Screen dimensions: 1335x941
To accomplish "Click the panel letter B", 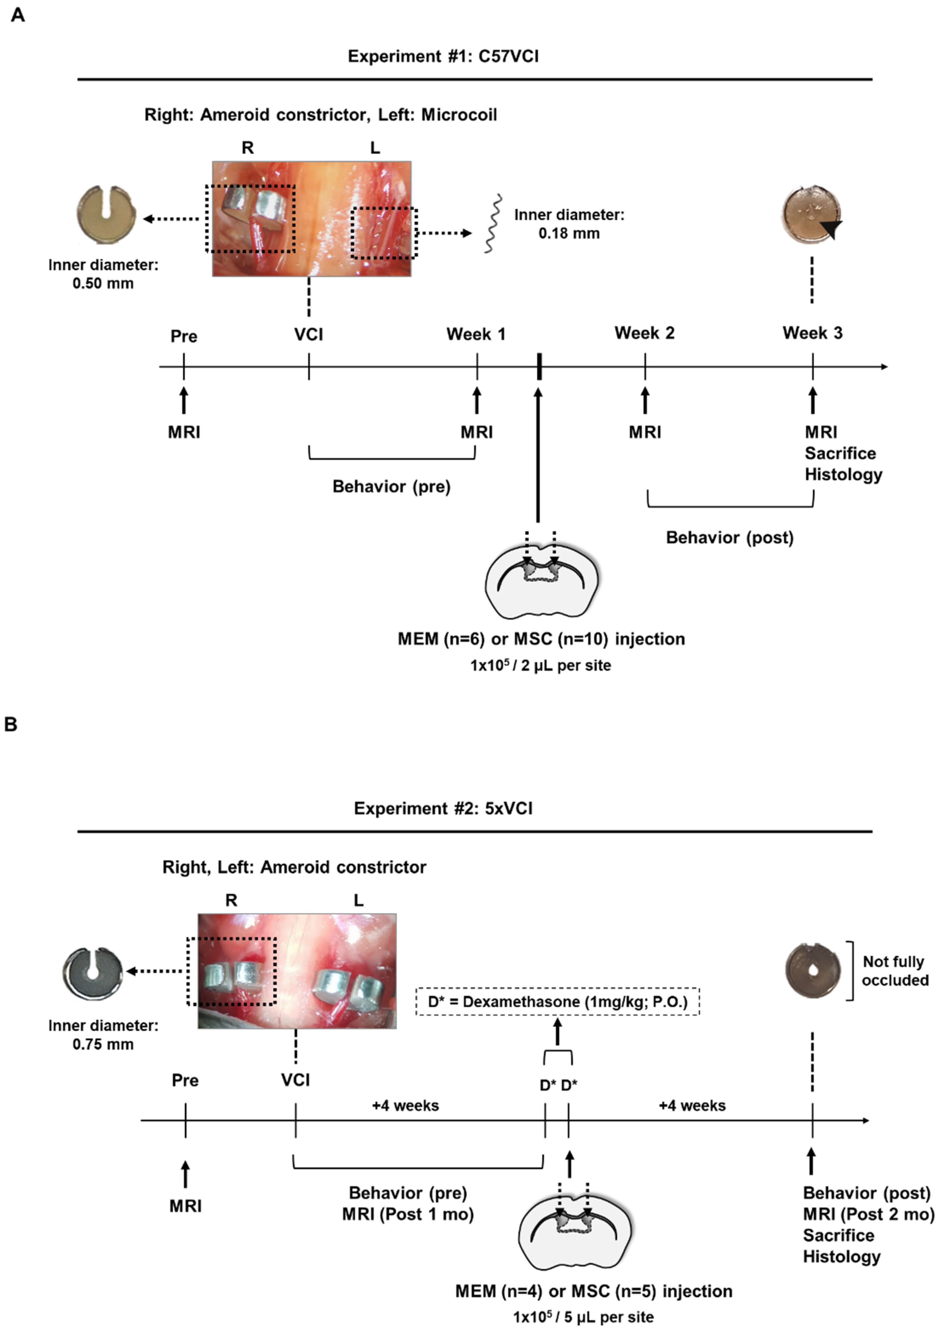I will pyautogui.click(x=11, y=725).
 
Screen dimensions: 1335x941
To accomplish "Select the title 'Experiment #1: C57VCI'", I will pyautogui.click(x=443, y=56).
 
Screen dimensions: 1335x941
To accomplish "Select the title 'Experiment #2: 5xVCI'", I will pyautogui.click(x=443, y=808).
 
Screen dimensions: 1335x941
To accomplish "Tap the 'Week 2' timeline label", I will pyautogui.click(x=645, y=333).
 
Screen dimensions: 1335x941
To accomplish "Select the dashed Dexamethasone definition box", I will pyautogui.click(x=558, y=1001).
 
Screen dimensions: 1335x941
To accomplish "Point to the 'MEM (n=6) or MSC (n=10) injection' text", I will pyautogui.click(x=541, y=639).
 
